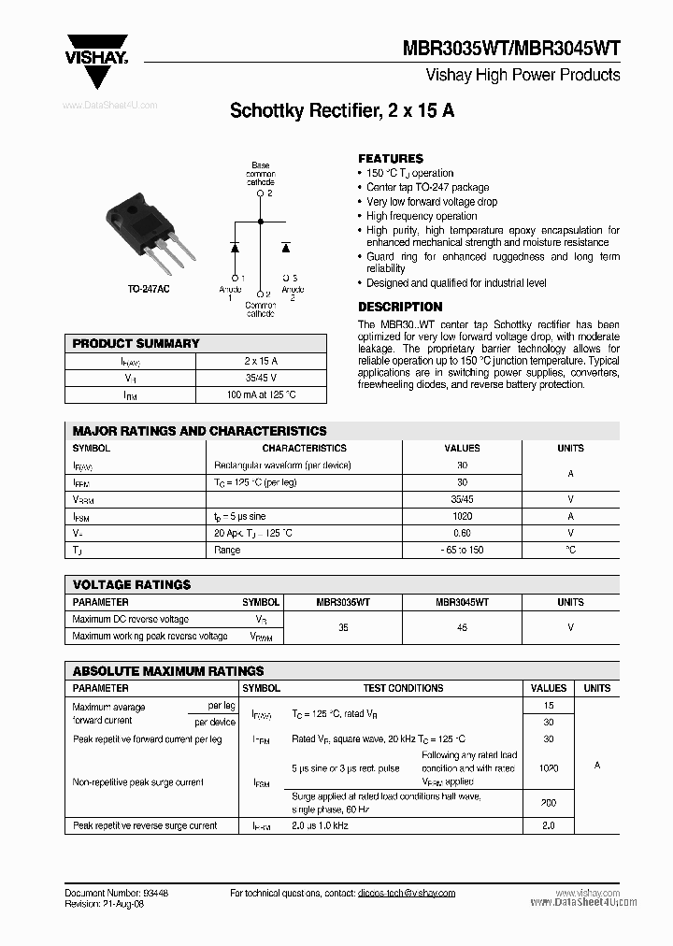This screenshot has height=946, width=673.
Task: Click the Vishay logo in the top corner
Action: tap(96, 48)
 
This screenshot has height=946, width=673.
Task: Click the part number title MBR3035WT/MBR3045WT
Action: tap(511, 49)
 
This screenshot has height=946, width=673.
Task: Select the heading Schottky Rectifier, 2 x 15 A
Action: tap(342, 111)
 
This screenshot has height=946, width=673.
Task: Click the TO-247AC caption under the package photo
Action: tap(149, 290)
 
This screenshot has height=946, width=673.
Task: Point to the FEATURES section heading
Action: tap(391, 159)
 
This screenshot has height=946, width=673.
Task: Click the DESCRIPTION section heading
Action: tap(400, 307)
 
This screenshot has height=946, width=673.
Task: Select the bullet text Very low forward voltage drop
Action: tap(432, 202)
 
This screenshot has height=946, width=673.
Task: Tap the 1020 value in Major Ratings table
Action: tap(462, 516)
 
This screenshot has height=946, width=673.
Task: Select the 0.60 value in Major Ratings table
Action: tap(462, 533)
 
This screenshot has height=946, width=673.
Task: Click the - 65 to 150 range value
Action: tap(462, 551)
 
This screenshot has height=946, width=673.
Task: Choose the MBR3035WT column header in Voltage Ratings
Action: tap(343, 603)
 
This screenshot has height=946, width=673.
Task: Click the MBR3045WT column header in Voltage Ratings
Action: tap(462, 603)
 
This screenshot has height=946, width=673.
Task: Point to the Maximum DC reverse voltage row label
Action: tap(130, 619)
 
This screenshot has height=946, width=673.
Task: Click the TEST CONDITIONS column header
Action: tap(403, 688)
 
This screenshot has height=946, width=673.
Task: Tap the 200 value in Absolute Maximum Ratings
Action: tap(549, 802)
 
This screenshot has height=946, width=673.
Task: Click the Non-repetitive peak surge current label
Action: tap(137, 782)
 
